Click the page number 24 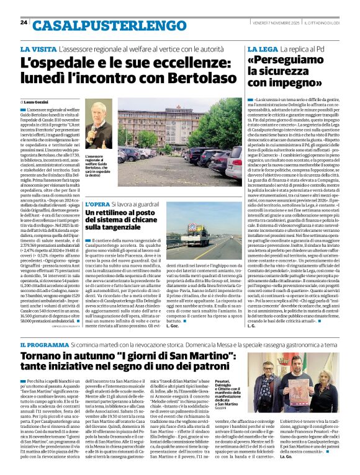[24, 22]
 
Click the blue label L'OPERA [97, 203]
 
